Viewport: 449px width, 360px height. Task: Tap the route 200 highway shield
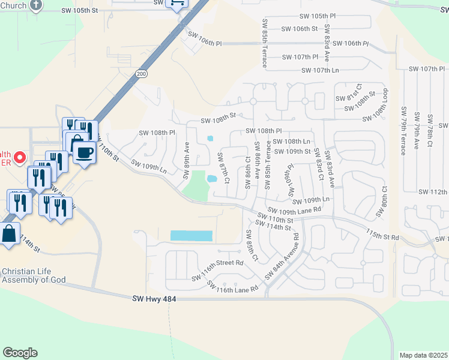point(141,74)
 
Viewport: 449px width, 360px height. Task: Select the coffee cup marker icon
point(85,152)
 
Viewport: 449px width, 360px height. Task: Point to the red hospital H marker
point(19,158)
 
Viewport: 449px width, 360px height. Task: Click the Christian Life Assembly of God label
point(33,275)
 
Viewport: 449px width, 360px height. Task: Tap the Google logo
point(20,353)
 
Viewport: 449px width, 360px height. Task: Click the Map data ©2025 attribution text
point(423,355)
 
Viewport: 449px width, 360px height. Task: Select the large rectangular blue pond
point(191,236)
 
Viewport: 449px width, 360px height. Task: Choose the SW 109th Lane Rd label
point(295,210)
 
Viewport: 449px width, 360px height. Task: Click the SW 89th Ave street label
point(187,155)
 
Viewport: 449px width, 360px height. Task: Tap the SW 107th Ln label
point(320,70)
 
